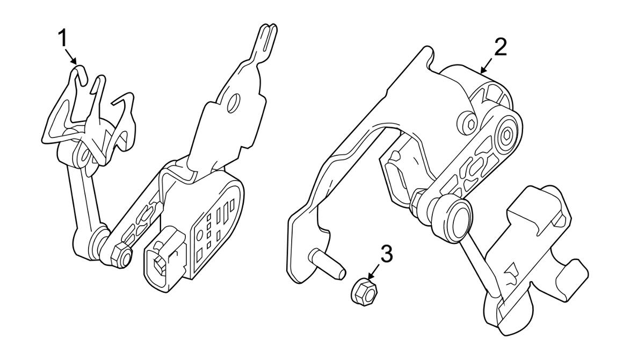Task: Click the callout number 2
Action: tap(499, 48)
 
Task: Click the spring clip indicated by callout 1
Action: tap(91, 116)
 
